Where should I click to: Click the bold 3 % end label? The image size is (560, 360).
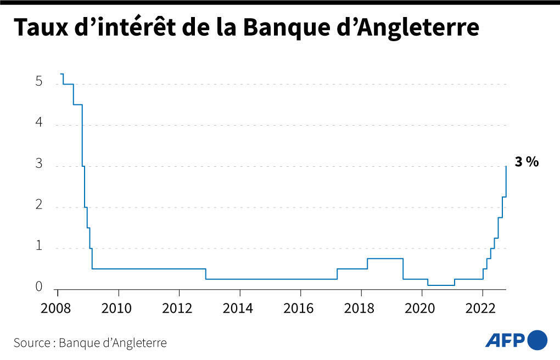coord(526,162)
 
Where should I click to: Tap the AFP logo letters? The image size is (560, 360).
coord(505,340)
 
